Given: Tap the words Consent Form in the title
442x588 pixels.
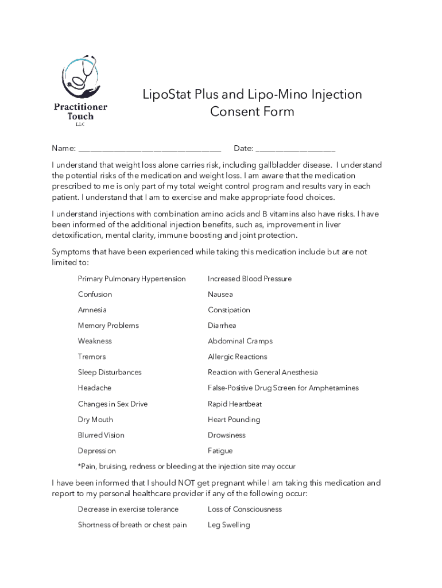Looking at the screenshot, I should point(252,111).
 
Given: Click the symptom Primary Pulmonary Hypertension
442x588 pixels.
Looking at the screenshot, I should point(131,279).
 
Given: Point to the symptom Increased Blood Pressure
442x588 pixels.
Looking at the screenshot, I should point(249,279).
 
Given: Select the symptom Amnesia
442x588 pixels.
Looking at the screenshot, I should point(92,310).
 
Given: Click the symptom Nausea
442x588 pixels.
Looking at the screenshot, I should point(220,295).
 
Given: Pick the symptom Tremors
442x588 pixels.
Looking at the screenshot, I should point(92,357).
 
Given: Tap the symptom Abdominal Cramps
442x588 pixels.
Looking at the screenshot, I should point(240,341).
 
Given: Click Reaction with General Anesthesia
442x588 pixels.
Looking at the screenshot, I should point(262,373).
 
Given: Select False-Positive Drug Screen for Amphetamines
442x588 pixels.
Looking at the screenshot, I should point(283,388).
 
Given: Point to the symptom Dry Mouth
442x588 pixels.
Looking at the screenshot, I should point(95,420).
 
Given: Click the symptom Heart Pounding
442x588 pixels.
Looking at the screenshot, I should point(234,420).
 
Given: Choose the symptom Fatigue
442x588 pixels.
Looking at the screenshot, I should point(220,451).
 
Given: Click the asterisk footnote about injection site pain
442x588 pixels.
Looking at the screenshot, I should point(187,466).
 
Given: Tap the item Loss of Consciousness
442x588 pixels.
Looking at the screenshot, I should point(245,509).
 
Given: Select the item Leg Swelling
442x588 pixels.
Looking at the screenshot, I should point(228,525).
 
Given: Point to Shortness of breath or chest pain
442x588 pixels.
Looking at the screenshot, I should point(132,525).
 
